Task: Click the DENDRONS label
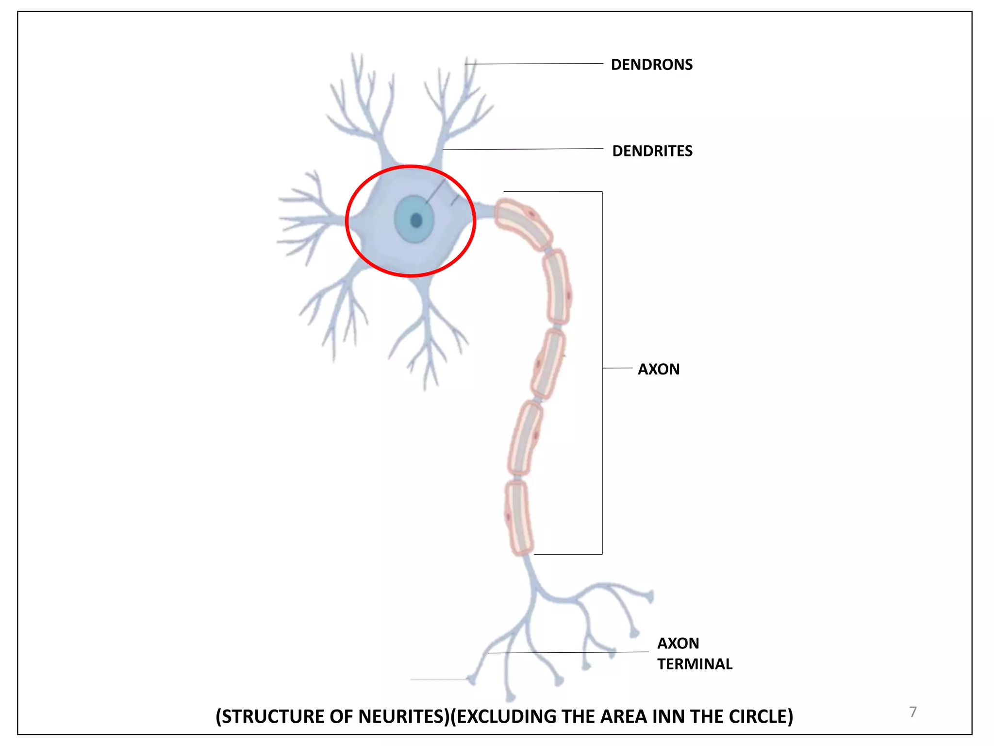[x=651, y=65]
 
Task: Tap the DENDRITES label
[x=652, y=151]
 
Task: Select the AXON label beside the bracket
[x=658, y=369]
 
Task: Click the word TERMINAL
[x=695, y=664]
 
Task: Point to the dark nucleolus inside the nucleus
[x=416, y=220]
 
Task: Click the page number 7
[x=912, y=712]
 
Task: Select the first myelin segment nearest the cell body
[x=523, y=224]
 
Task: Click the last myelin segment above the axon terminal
[x=519, y=518]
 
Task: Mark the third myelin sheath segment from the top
[x=548, y=364]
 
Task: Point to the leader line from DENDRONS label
[x=534, y=64]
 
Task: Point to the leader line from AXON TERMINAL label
[x=568, y=653]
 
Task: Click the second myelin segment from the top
[x=557, y=287]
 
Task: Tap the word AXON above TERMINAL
[x=678, y=643]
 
